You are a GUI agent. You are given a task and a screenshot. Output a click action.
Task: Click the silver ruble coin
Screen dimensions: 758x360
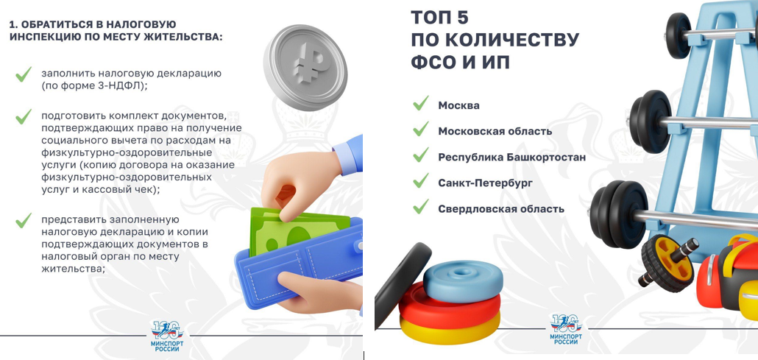[x=305, y=67]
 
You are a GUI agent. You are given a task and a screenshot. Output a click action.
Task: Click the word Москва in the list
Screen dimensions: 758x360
[x=458, y=105]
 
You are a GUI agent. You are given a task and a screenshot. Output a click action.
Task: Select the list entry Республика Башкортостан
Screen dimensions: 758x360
[x=512, y=158]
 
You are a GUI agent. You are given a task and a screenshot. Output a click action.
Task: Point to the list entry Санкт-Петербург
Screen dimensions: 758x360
[x=486, y=183]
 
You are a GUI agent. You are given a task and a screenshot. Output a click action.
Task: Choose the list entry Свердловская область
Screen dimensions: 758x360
[x=501, y=209]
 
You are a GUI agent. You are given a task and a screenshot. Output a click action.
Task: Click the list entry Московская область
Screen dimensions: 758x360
[x=495, y=131]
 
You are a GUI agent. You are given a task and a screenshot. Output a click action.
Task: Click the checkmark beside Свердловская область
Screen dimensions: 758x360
[x=420, y=206]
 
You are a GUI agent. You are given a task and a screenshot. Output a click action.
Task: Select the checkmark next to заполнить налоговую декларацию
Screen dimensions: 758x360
[x=24, y=74]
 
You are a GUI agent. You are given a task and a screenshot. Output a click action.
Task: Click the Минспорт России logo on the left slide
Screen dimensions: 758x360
[x=167, y=335]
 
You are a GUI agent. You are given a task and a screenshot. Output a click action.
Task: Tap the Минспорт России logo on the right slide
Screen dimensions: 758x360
[x=566, y=329]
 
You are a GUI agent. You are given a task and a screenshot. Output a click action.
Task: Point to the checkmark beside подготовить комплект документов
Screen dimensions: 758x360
[x=24, y=116]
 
